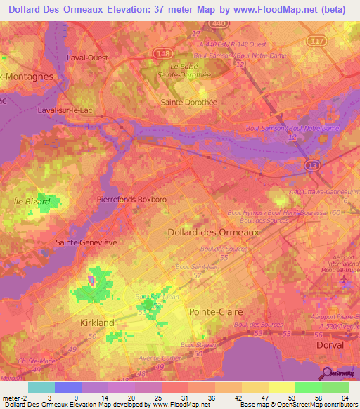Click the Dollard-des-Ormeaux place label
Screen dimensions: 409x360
tap(205, 232)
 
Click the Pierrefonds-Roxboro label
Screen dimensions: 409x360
tap(131, 200)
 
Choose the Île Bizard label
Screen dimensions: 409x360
tap(32, 202)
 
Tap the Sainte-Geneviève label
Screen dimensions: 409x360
tap(86, 242)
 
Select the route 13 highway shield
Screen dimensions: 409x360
tap(311, 164)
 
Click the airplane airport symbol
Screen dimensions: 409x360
tap(344, 283)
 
